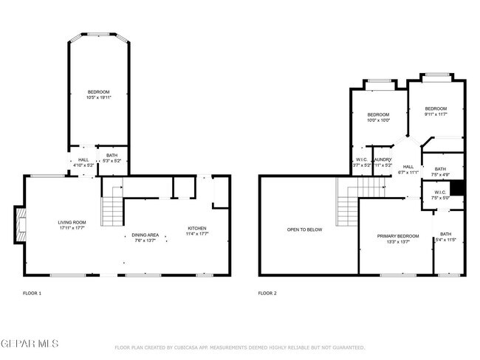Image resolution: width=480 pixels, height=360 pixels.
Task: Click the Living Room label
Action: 73,225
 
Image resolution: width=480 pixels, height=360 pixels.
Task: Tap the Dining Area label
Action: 146,238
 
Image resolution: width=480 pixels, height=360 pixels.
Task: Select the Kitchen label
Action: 196,231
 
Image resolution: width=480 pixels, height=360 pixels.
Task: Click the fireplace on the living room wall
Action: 19,225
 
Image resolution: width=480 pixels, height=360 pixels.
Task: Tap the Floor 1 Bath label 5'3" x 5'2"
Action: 112,158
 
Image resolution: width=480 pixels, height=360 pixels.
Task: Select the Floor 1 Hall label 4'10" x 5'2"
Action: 83,162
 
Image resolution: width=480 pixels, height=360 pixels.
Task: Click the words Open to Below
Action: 304,229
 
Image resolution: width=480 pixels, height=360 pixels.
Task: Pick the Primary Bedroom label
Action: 398,238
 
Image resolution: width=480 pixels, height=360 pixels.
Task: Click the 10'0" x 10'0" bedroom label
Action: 378,118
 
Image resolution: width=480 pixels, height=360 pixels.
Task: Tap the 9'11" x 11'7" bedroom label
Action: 436,111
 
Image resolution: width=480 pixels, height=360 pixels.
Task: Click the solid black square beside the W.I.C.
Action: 457,189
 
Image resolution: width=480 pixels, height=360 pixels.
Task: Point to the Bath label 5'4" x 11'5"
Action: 446,216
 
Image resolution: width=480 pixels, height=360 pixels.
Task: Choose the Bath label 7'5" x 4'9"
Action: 440,172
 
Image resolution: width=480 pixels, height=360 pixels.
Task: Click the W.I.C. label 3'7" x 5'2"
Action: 361,162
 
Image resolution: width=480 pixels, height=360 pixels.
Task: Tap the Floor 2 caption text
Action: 267,293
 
